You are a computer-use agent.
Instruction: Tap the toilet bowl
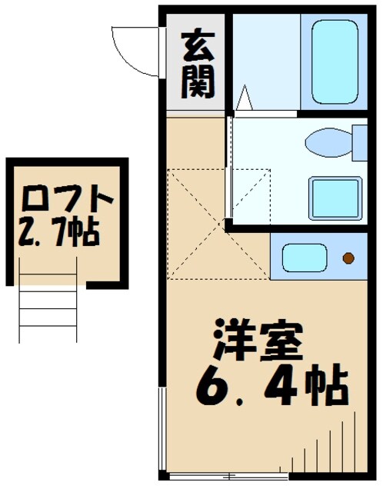pos(327,143)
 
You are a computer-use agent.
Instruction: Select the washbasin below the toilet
pos(335,199)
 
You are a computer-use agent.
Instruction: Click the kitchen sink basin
pos(304,258)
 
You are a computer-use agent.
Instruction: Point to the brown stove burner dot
pos(349,258)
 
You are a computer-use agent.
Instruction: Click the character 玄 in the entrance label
pos(197,48)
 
